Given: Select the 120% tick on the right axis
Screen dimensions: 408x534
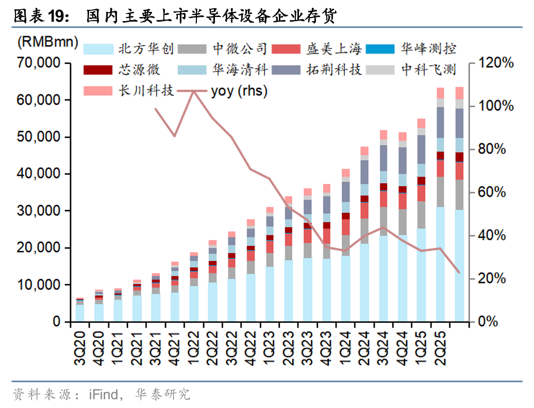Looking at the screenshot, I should [496, 63].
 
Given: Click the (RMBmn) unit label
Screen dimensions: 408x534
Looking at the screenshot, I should [48, 42].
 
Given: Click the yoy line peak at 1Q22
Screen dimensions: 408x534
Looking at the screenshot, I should [194, 91].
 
